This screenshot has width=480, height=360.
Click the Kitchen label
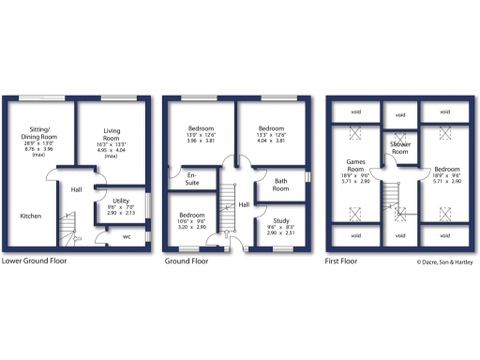click(30, 217)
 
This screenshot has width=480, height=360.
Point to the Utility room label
click(121, 201)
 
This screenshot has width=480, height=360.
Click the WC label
click(127, 236)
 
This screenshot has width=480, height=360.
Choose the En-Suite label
click(192, 177)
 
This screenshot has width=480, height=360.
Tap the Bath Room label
click(280, 185)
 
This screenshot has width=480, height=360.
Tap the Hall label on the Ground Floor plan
click(243, 203)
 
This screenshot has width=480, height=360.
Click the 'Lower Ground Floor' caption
click(35, 262)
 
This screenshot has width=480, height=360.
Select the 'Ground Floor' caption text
click(187, 262)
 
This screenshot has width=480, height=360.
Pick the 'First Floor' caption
click(342, 262)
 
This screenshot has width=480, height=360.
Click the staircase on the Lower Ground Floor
click(66, 227)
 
